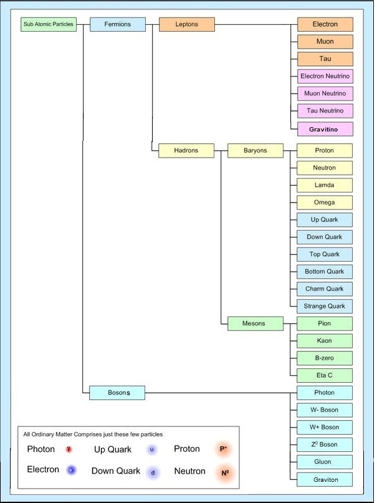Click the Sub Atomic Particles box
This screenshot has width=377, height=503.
coord(49,25)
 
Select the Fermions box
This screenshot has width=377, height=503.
coord(118,25)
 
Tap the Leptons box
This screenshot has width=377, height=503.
coord(186,25)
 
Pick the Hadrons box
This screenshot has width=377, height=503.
coord(186,150)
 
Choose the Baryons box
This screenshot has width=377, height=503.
coord(255,150)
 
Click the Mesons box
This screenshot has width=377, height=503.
coord(254,323)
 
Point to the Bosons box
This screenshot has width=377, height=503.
coord(117,393)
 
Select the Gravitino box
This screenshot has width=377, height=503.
coord(325,129)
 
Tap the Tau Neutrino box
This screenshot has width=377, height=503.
coord(325,111)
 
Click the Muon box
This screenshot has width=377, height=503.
coord(325,42)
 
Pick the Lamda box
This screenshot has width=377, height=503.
coord(325,185)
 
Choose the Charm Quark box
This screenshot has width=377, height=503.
coord(325,289)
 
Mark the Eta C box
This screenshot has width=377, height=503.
coord(325,375)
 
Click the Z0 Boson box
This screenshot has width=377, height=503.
coord(325,444)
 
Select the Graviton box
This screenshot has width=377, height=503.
coord(325,479)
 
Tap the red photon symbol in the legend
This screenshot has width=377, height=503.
coord(69,449)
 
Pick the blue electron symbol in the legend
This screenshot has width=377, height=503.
coord(72,470)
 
